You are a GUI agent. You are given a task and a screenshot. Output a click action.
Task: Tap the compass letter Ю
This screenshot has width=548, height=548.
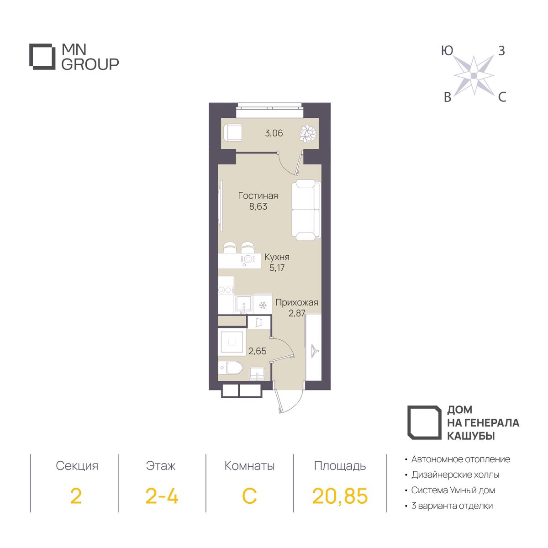447,51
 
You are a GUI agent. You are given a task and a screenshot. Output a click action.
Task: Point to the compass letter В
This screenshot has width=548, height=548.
448,98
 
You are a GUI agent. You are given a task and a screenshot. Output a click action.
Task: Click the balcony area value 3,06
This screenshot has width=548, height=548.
274,133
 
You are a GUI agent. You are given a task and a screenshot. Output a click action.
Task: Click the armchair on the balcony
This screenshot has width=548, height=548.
233,132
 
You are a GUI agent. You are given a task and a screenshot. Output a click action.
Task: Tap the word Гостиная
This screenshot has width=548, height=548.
258,195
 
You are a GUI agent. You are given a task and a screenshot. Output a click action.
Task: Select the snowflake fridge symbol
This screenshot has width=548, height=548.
262,306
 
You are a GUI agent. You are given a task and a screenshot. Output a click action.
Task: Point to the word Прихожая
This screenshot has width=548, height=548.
297,303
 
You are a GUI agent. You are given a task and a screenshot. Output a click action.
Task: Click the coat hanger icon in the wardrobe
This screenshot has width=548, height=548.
314,348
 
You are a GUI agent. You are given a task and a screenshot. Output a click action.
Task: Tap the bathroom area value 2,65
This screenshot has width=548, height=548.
258,351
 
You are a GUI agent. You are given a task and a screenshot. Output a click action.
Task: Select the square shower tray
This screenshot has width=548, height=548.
232,342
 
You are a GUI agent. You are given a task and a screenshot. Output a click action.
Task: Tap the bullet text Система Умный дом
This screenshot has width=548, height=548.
453,490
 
